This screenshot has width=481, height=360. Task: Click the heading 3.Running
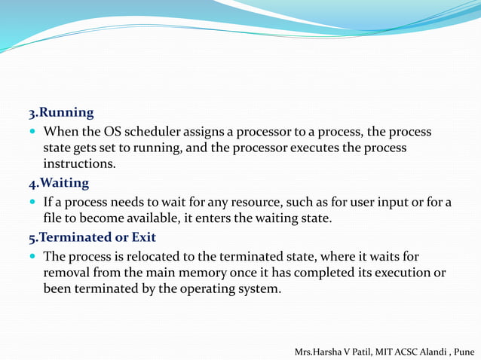coord(61,113)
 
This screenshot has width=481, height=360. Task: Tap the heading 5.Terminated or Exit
coord(92,237)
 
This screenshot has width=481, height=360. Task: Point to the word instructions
coord(79,163)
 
